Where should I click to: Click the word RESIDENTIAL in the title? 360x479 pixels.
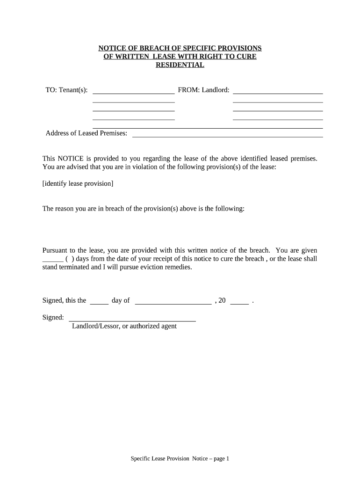pyautogui.click(x=180, y=65)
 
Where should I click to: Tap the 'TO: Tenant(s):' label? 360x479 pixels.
pyautogui.click(x=66, y=90)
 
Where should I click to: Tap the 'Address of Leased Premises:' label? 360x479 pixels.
pyautogui.click(x=86, y=133)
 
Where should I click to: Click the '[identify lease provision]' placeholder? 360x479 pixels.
pyautogui.click(x=78, y=183)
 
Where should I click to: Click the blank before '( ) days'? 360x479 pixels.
pyautogui.click(x=52, y=260)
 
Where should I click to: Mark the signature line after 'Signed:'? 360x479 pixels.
pyautogui.click(x=132, y=320)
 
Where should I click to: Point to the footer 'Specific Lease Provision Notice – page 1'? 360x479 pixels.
pyautogui.click(x=180, y=459)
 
